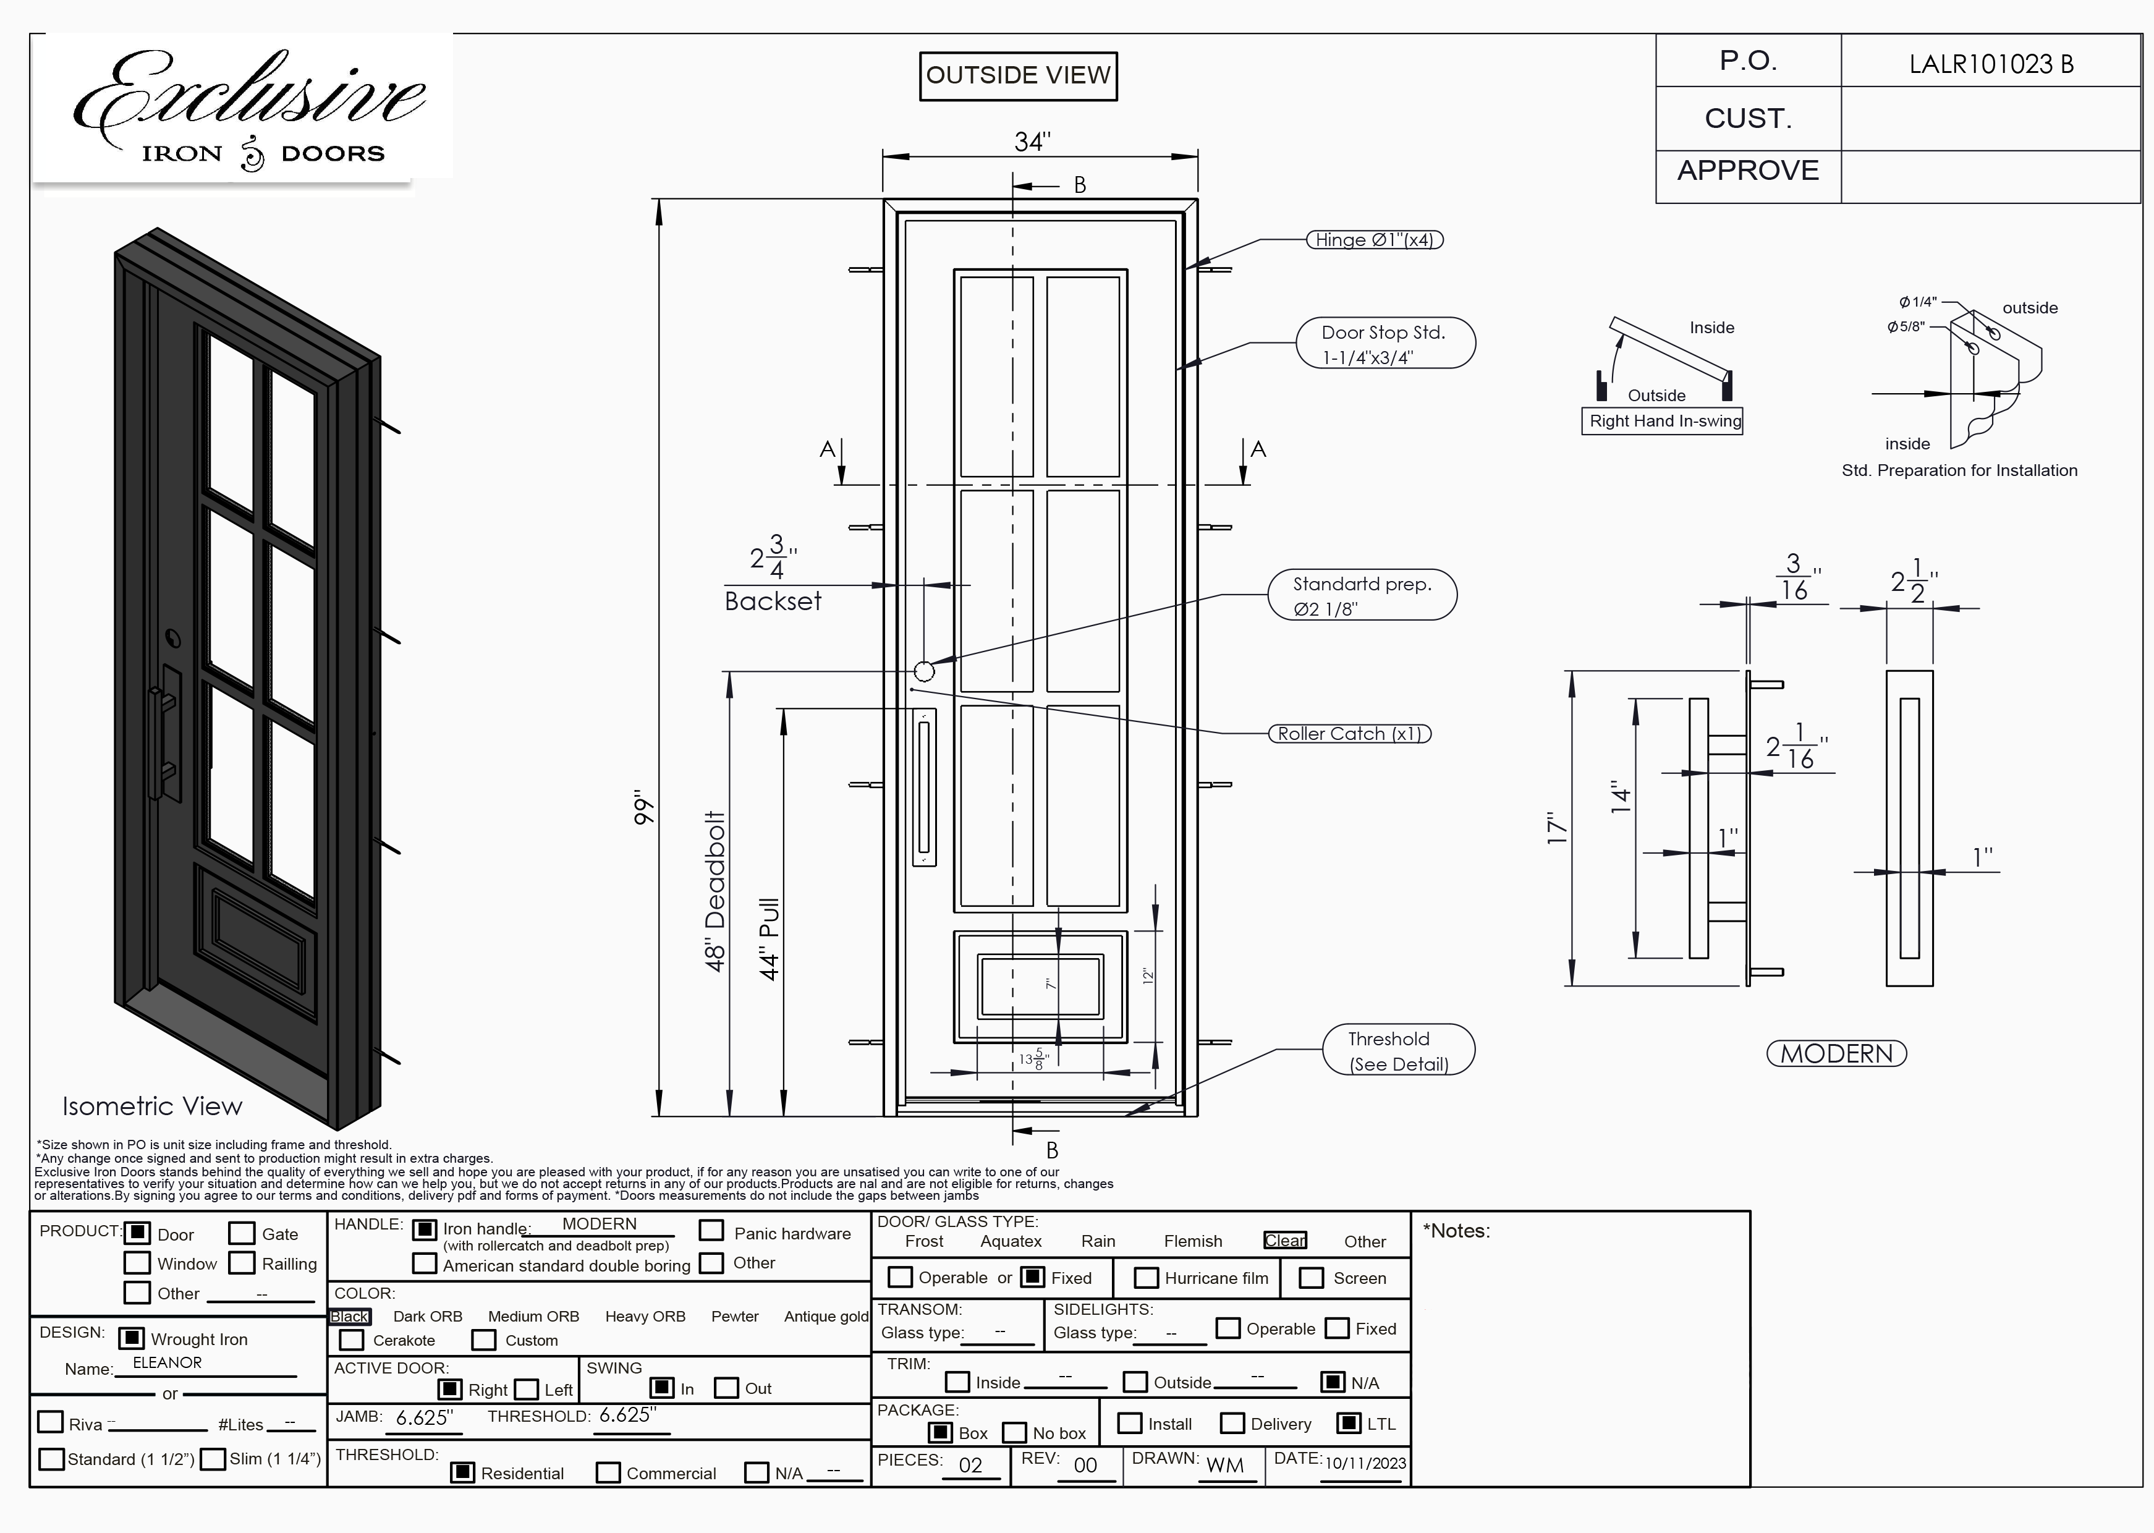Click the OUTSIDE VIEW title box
click(1017, 75)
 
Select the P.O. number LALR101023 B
click(1991, 64)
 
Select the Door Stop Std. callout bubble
click(1384, 344)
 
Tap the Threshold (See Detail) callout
click(1398, 1051)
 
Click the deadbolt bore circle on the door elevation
click(924, 671)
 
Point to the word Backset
click(773, 601)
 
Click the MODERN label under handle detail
click(1836, 1053)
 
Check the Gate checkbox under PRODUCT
click(242, 1233)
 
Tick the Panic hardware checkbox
click(711, 1231)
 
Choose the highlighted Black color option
click(349, 1316)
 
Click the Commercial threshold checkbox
click(608, 1472)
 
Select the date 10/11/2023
click(1364, 1463)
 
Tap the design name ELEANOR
click(167, 1362)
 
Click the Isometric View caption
click(152, 1106)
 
